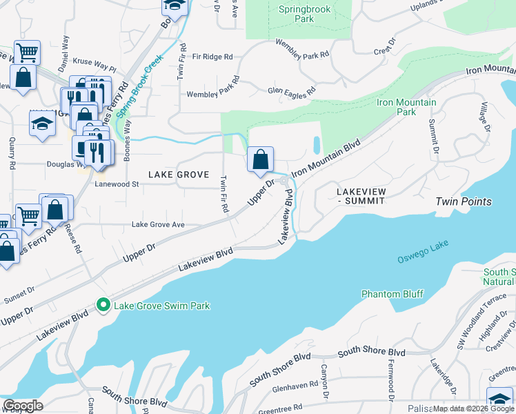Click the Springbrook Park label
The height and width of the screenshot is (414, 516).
[305, 14]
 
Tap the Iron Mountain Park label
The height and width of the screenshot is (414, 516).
[406, 107]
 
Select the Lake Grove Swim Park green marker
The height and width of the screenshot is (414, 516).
[103, 304]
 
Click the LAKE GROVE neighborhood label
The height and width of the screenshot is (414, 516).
[179, 175]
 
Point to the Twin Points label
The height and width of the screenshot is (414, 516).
[463, 201]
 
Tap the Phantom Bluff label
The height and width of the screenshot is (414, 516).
[392, 294]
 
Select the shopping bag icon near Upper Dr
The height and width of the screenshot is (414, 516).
[260, 160]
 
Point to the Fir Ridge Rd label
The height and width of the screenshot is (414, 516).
[212, 57]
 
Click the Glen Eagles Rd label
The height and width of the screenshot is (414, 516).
[291, 90]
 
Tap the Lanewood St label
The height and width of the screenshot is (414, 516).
[117, 184]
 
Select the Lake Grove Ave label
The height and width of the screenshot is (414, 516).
[158, 225]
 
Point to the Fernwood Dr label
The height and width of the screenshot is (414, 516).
[390, 384]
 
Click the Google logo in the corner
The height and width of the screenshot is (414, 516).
[23, 406]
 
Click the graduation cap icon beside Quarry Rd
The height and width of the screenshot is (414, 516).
[41, 124]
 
